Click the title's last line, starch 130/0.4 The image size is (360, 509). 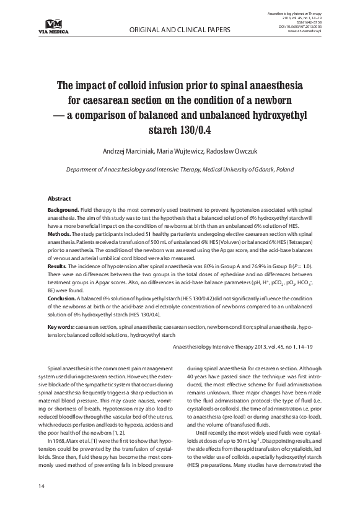[180, 130]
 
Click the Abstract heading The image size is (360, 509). [60, 199]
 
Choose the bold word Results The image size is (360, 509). [58, 266]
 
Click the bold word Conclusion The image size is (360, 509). [62, 298]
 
